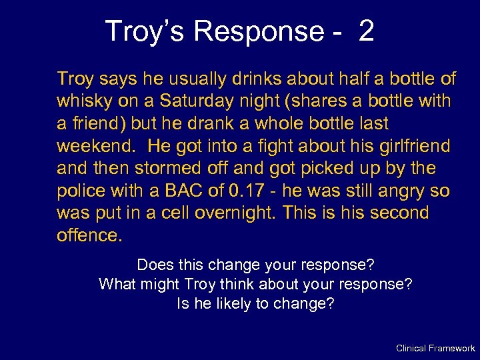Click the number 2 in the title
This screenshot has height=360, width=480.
[366, 31]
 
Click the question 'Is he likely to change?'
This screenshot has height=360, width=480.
[255, 304]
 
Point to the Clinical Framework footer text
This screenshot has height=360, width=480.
[435, 348]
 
